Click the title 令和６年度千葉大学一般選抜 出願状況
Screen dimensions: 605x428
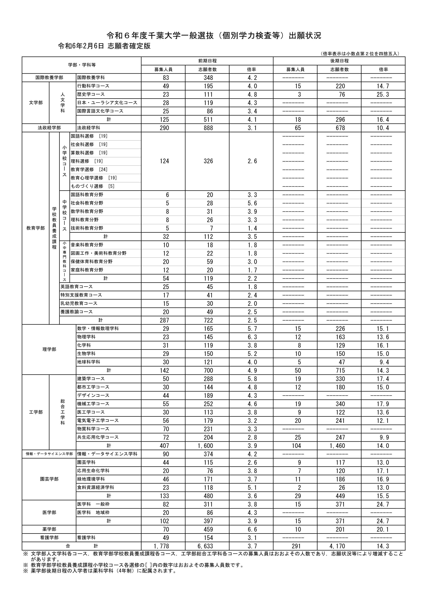pyautogui.click(x=214, y=36)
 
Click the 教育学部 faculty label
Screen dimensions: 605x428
pyautogui.click(x=36, y=228)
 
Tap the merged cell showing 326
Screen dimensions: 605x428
pyautogui.click(x=208, y=161)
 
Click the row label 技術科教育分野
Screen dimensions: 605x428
pyautogui.click(x=87, y=228)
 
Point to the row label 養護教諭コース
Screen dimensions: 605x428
pyautogui.click(x=77, y=312)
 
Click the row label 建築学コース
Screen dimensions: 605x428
pyautogui.click(x=91, y=379)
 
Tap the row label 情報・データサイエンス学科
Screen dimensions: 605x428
pyautogui.click(x=107, y=454)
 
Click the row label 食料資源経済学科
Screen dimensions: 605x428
pyautogui.click(x=96, y=488)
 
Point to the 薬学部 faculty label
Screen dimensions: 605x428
pyautogui.click(x=49, y=529)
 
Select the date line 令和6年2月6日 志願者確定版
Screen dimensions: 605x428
pyautogui.click(x=104, y=46)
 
